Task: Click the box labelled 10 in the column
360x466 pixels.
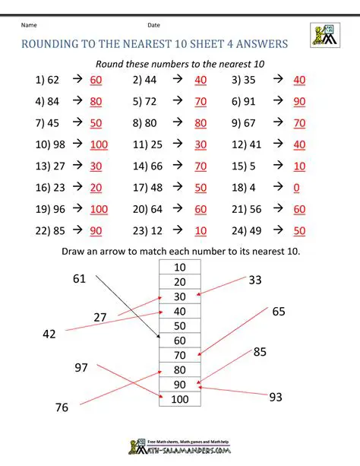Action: point(179,267)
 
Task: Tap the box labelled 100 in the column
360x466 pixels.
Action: point(179,399)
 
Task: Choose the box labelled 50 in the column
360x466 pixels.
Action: point(179,325)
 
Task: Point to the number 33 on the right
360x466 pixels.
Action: point(255,281)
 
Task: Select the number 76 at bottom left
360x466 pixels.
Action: point(62,408)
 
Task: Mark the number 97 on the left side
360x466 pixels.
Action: point(81,368)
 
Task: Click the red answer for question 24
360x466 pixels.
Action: point(298,230)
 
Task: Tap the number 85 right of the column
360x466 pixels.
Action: point(260,352)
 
